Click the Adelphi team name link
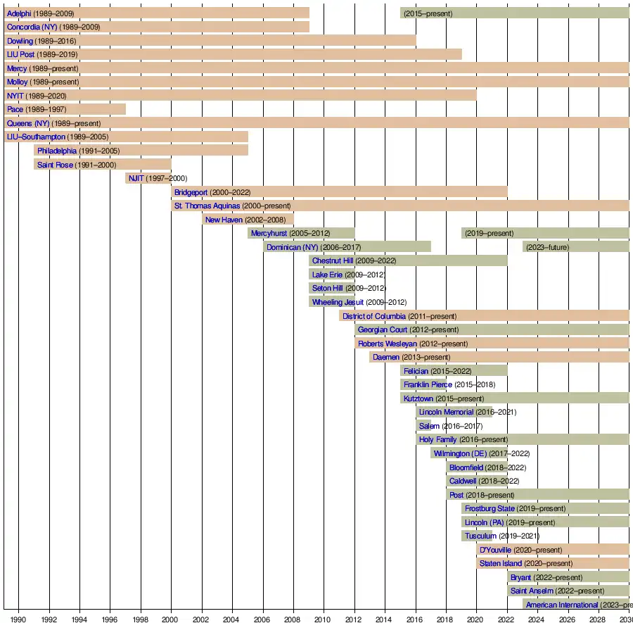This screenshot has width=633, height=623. [x=19, y=13]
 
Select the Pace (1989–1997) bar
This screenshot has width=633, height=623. [x=65, y=109]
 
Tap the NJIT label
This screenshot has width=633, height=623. [x=136, y=178]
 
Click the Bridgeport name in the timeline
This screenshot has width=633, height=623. [x=191, y=192]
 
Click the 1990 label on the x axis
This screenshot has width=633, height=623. [x=18, y=619]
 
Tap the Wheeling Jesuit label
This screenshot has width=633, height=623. [x=338, y=302]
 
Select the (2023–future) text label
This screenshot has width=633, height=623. [x=547, y=247]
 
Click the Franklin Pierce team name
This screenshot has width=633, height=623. [x=428, y=384]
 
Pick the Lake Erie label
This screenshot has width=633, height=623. [x=327, y=275]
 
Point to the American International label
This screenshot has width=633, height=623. [x=562, y=605]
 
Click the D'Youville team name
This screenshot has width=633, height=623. [x=495, y=550]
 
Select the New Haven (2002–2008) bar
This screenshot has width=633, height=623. [x=248, y=220]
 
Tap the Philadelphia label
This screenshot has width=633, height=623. [x=57, y=151]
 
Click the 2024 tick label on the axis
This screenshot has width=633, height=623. [x=537, y=619]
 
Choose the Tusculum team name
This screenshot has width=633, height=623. [x=480, y=536]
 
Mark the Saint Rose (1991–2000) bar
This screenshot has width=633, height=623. [x=103, y=165]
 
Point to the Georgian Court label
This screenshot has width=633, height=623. [x=382, y=329]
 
